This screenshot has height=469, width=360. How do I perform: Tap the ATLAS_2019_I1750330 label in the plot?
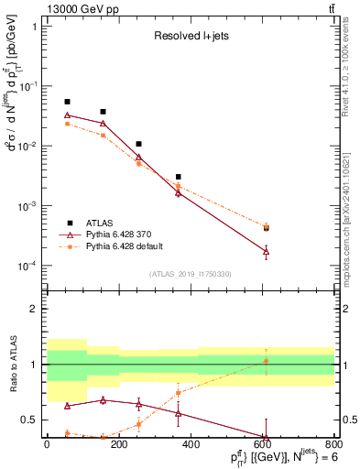[190, 274]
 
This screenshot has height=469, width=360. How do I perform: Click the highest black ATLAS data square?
[67, 102]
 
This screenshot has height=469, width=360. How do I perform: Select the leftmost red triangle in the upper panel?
[67, 115]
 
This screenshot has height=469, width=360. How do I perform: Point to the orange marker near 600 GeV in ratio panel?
[266, 361]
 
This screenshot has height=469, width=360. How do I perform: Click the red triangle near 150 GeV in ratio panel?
[103, 399]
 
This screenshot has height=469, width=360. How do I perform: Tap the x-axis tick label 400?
[191, 444]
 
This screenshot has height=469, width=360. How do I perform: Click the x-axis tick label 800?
[334, 444]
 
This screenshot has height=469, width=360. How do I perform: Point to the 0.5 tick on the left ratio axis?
[33, 420]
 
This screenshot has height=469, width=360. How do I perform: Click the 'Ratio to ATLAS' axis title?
[12, 365]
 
